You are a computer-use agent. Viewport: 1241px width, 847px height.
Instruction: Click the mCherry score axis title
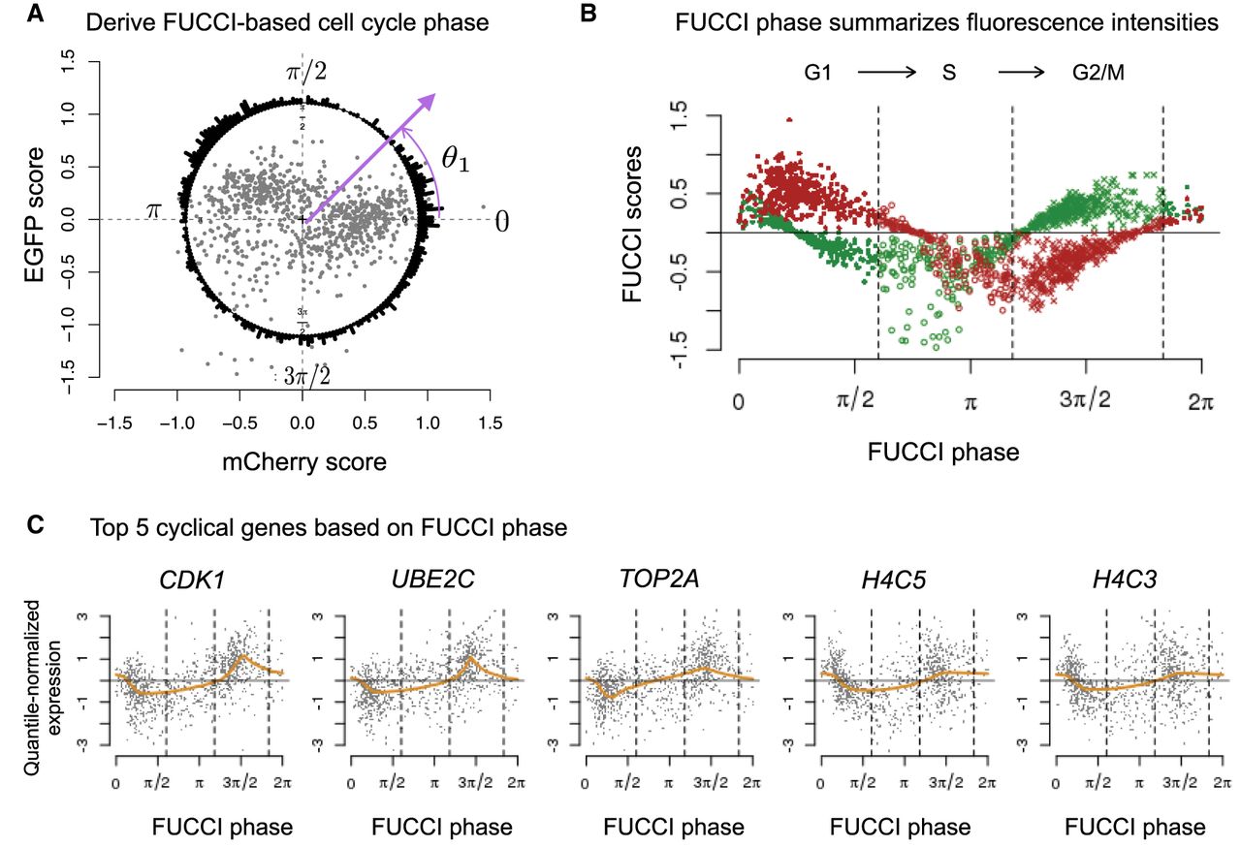pyautogui.click(x=304, y=462)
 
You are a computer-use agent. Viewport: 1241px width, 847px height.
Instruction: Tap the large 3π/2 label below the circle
pyautogui.click(x=307, y=376)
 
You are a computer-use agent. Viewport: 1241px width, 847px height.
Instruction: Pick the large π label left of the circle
pyautogui.click(x=153, y=209)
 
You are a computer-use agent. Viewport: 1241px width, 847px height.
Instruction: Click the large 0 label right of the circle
pyautogui.click(x=501, y=221)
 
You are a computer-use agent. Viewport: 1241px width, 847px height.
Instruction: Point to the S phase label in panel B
pyautogui.click(x=949, y=73)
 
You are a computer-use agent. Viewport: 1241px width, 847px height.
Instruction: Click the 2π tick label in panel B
pyautogui.click(x=1201, y=401)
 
